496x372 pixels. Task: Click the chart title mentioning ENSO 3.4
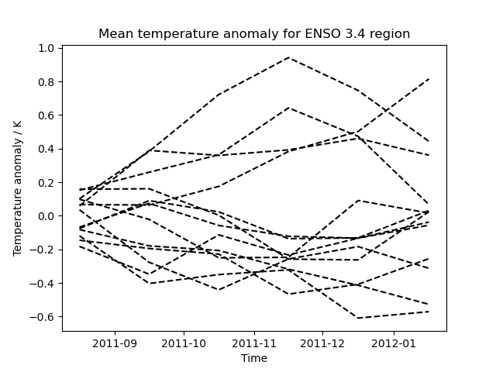click(254, 34)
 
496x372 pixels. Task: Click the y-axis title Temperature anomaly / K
click(18, 188)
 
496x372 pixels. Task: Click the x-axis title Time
click(254, 358)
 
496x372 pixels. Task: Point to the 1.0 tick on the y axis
click(46, 48)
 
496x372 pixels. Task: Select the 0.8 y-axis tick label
click(46, 81)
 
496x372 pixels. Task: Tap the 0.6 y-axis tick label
click(46, 115)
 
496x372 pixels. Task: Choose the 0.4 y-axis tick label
click(46, 149)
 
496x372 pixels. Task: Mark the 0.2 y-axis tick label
click(46, 182)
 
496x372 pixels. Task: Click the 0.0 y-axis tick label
click(46, 216)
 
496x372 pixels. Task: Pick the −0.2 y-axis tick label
click(43, 250)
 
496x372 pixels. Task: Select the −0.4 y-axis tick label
click(43, 284)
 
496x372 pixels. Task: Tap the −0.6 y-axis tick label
click(43, 317)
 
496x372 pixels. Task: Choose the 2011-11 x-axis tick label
click(255, 343)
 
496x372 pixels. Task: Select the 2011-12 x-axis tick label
click(323, 343)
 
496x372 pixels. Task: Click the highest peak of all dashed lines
click(289, 57)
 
